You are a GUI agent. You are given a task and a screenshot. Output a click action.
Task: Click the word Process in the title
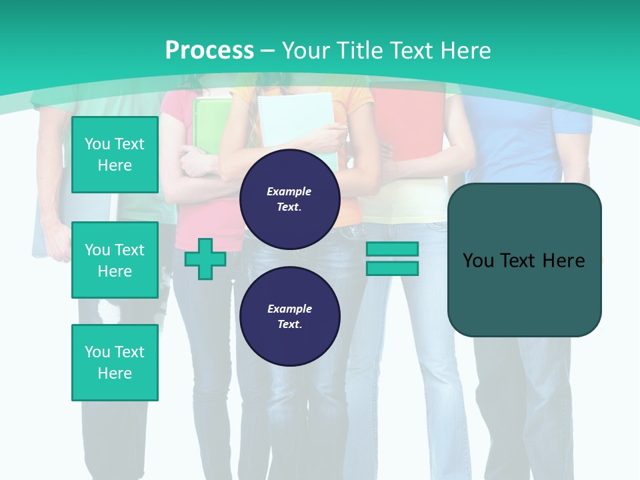pyautogui.click(x=209, y=50)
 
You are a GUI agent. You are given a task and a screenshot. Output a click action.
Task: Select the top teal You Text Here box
pyautogui.click(x=115, y=155)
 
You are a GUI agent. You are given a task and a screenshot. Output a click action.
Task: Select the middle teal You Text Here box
pyautogui.click(x=115, y=260)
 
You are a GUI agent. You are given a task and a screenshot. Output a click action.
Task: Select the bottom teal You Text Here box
pyautogui.click(x=115, y=362)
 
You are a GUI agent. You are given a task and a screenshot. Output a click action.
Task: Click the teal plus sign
pyautogui.click(x=205, y=259)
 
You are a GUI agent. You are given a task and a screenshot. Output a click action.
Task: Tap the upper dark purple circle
pyautogui.click(x=289, y=199)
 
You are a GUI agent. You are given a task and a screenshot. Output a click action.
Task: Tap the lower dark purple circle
pyautogui.click(x=289, y=317)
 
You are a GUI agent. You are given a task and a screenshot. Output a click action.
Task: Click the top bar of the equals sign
pyautogui.click(x=392, y=249)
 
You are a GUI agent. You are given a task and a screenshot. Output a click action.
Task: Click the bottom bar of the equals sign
pyautogui.click(x=392, y=269)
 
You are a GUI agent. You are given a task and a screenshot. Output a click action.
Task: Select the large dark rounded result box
pyautogui.click(x=524, y=260)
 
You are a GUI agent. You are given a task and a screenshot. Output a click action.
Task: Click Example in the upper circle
pyautogui.click(x=289, y=191)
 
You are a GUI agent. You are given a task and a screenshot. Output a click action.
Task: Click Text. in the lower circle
pyautogui.click(x=289, y=325)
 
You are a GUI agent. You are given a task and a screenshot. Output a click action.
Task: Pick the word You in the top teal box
pyautogui.click(x=97, y=144)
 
